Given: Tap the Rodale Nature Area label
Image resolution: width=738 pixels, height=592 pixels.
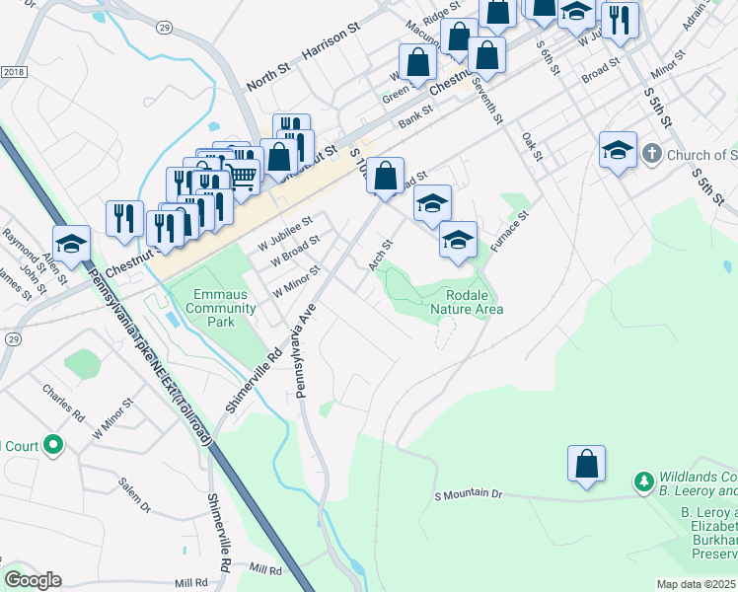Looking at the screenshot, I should coord(467,302).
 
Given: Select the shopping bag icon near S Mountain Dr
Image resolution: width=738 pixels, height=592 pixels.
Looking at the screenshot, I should coord(586,464).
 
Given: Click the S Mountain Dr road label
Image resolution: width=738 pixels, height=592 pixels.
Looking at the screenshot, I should coord(469,493).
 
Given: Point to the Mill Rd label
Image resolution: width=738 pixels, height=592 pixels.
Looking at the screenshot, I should coord(266,569).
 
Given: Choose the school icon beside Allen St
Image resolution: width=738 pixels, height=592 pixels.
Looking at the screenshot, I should coord(72,243).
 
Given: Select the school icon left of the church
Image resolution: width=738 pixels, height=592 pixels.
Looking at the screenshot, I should coord(618,150).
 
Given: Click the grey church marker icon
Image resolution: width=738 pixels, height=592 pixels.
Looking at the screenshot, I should coord(651,154).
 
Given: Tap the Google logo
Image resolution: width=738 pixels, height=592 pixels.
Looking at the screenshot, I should coord(32,580).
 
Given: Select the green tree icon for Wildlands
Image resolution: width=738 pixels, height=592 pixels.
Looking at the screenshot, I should coord(644,481).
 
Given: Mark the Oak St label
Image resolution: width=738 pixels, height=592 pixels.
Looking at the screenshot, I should coord(533,147).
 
